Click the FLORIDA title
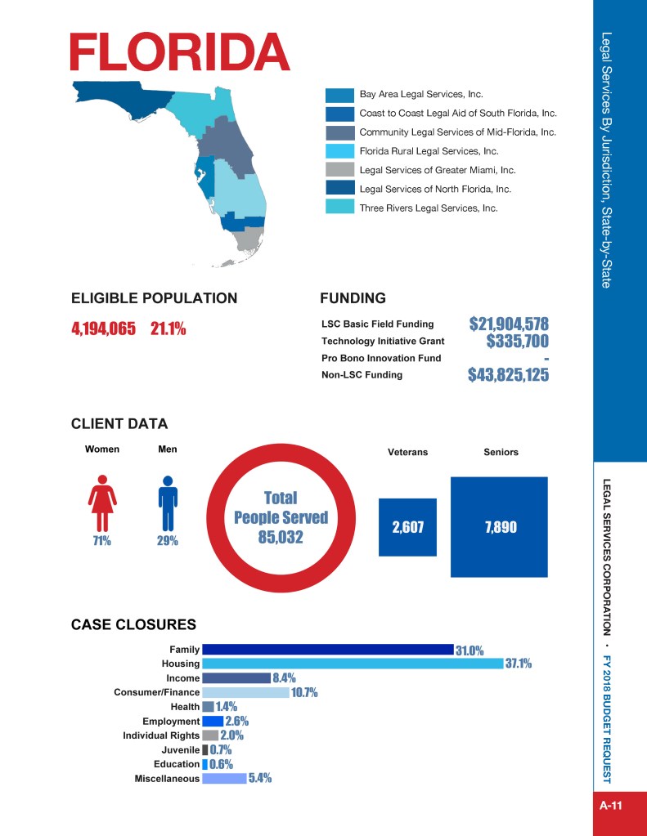point(180,53)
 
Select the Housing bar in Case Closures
point(352,664)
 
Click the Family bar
point(327,650)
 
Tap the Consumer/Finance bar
point(245,692)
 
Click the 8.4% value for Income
point(284,678)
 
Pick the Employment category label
point(170,722)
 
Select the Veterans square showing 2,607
point(407,527)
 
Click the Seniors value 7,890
point(500,527)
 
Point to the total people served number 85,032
point(280,537)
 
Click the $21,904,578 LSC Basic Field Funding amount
point(508,323)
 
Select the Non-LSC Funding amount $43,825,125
point(508,375)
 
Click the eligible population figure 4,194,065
point(103,329)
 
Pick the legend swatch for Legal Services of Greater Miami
point(339,170)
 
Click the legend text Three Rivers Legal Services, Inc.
point(429,208)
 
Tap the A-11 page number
point(611,806)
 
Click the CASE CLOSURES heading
point(133,625)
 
